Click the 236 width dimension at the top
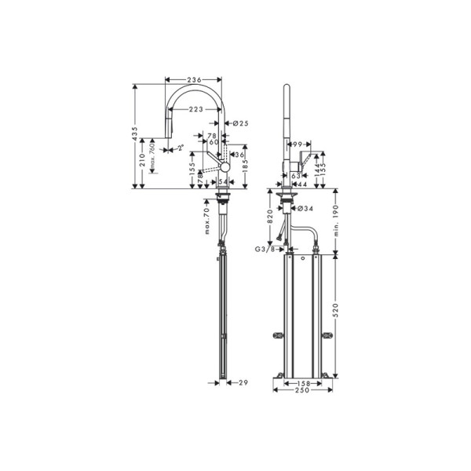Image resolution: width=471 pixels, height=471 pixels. (195, 80)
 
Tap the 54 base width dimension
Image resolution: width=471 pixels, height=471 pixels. (221, 181)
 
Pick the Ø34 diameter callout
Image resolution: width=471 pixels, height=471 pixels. (308, 208)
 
